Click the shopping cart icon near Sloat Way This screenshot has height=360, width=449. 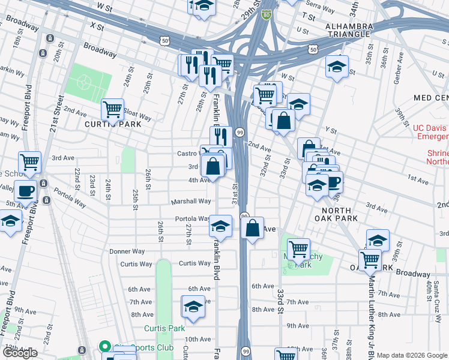tap(112, 109)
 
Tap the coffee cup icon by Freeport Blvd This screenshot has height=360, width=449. tap(25, 191)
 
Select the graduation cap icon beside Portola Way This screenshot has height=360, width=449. tap(220, 226)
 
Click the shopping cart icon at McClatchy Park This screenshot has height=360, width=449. tap(298, 248)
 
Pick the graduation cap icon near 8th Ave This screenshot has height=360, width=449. tap(193, 306)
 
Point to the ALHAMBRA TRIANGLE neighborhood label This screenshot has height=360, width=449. tap(349, 31)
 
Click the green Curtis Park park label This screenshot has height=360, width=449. tap(164, 328)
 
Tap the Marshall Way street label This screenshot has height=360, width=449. tap(191, 202)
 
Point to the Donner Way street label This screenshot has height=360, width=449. tap(127, 251)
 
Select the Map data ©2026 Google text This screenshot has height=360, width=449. tap(412, 355)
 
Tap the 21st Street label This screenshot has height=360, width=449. tap(58, 114)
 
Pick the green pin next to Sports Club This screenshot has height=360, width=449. tap(104, 347)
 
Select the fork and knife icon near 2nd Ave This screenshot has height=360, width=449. tap(220, 137)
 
